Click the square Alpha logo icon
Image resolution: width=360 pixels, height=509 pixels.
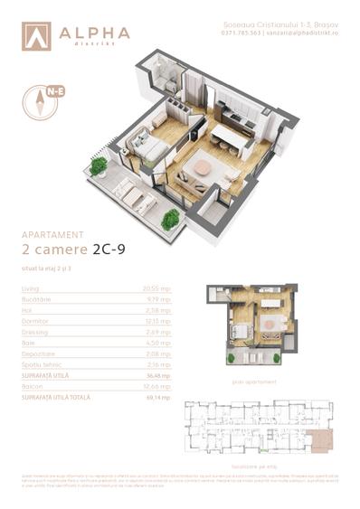point(37,35)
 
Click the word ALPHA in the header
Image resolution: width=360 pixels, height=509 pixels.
point(94,33)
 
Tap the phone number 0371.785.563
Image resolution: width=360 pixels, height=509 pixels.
point(241,33)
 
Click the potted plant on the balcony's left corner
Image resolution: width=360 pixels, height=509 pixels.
point(99,166)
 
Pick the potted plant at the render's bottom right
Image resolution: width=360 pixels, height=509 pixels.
point(170,220)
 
